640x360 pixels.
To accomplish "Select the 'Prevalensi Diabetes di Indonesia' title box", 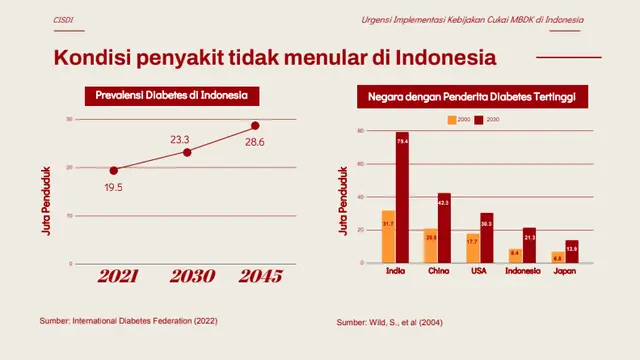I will click(x=171, y=96).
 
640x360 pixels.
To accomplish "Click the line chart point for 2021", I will click(x=113, y=170).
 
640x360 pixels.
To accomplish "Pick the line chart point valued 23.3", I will click(x=187, y=152).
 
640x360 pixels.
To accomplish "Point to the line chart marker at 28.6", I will click(x=255, y=126).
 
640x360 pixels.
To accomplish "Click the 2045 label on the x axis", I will click(x=254, y=277).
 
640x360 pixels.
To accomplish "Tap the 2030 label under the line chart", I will click(x=186, y=277).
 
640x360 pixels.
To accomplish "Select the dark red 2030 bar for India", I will click(x=402, y=198).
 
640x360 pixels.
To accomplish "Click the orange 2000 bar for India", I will click(x=388, y=237).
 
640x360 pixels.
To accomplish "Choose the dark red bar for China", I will click(x=444, y=228).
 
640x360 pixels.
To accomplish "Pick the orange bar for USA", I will click(x=472, y=248).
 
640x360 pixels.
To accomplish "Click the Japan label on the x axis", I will click(x=564, y=271).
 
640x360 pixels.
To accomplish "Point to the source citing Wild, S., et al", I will click(x=389, y=322).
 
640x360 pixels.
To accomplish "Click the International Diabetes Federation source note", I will click(x=127, y=321).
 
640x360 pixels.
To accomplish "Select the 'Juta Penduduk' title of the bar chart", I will click(x=343, y=201).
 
